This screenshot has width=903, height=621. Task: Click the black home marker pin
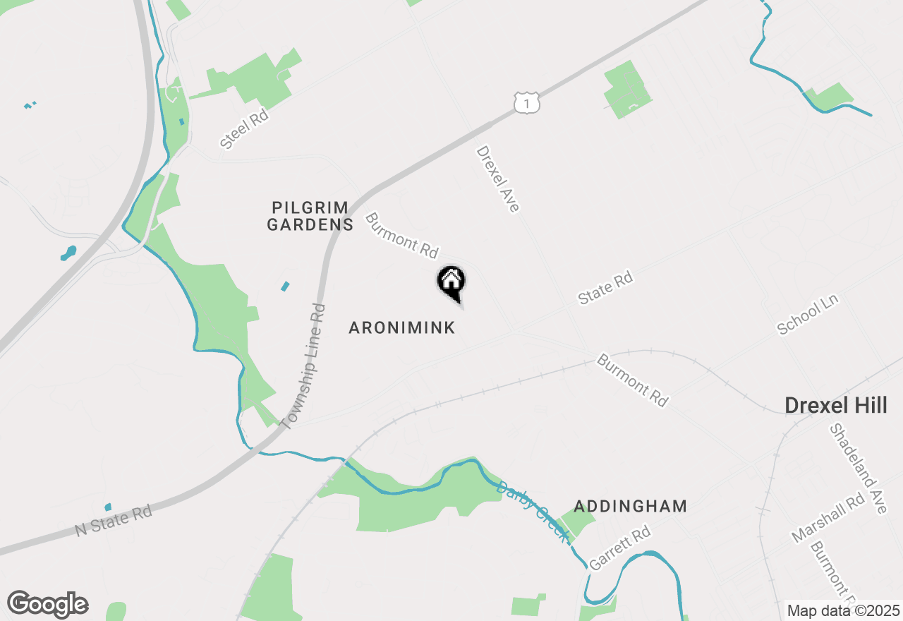[x=451, y=283]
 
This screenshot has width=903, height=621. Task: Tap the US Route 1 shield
[x=527, y=102]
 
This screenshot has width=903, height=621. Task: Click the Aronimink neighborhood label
[x=402, y=327]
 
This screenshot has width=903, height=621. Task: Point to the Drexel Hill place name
[x=837, y=405]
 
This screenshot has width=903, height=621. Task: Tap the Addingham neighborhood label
[x=630, y=506]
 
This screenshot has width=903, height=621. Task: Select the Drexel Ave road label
[x=498, y=179]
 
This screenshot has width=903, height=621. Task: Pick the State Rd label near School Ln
[x=605, y=289]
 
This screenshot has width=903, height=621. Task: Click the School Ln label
[x=807, y=315]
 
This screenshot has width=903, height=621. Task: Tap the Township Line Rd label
[x=303, y=366]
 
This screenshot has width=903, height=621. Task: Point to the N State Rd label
[x=114, y=519]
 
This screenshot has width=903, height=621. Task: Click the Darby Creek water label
[x=532, y=512]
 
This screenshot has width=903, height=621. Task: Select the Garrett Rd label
[x=619, y=548]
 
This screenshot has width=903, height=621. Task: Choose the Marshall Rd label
[x=828, y=517]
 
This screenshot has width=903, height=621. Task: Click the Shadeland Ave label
[x=857, y=468]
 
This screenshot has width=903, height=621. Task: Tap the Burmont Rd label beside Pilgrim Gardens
[x=401, y=235]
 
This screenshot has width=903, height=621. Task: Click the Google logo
[x=48, y=604]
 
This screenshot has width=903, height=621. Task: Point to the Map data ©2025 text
[x=843, y=610]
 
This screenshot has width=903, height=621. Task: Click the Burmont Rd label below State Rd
[x=632, y=380]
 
